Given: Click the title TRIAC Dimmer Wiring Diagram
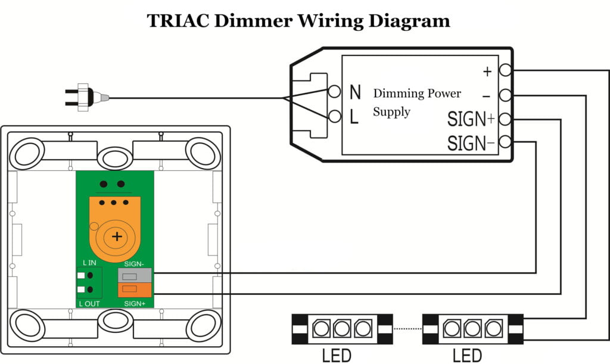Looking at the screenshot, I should pyautogui.click(x=298, y=21).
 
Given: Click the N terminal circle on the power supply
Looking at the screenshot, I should pyautogui.click(x=335, y=92).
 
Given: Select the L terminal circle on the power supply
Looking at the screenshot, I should pyautogui.click(x=335, y=117).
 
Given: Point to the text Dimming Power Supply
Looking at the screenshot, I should pyautogui.click(x=416, y=102).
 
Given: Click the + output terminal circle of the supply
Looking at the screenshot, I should pyautogui.click(x=506, y=71).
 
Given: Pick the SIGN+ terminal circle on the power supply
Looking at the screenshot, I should pyautogui.click(x=506, y=119).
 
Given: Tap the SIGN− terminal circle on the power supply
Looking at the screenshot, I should pyautogui.click(x=506, y=142).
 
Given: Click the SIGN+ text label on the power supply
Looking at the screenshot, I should pyautogui.click(x=471, y=119).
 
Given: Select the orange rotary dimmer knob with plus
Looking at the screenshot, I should pyautogui.click(x=117, y=237).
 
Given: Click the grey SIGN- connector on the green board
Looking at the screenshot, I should pyautogui.click(x=135, y=276).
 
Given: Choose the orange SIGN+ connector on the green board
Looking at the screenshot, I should pyautogui.click(x=135, y=290).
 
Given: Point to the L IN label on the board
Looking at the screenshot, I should pyautogui.click(x=90, y=263).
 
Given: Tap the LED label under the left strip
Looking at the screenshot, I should pyautogui.click(x=337, y=356).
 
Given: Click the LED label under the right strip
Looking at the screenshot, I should pyautogui.click(x=468, y=356).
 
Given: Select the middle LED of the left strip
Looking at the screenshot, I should pyautogui.click(x=341, y=328).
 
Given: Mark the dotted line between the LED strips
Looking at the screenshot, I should pyautogui.click(x=407, y=328).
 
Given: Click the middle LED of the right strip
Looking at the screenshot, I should pyautogui.click(x=473, y=328).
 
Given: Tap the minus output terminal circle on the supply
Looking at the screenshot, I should pyautogui.click(x=506, y=95).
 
